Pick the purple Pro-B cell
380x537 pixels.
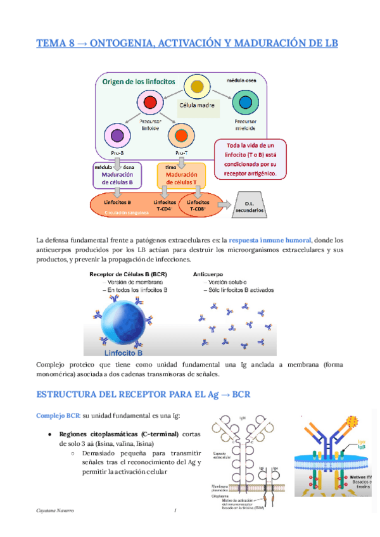pos(117,136)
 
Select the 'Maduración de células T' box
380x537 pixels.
pos(181,176)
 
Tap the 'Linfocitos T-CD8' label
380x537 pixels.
pos(197,203)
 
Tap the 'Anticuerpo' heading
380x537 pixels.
pos(208,274)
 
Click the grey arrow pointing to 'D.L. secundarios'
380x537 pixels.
pos(223,203)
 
